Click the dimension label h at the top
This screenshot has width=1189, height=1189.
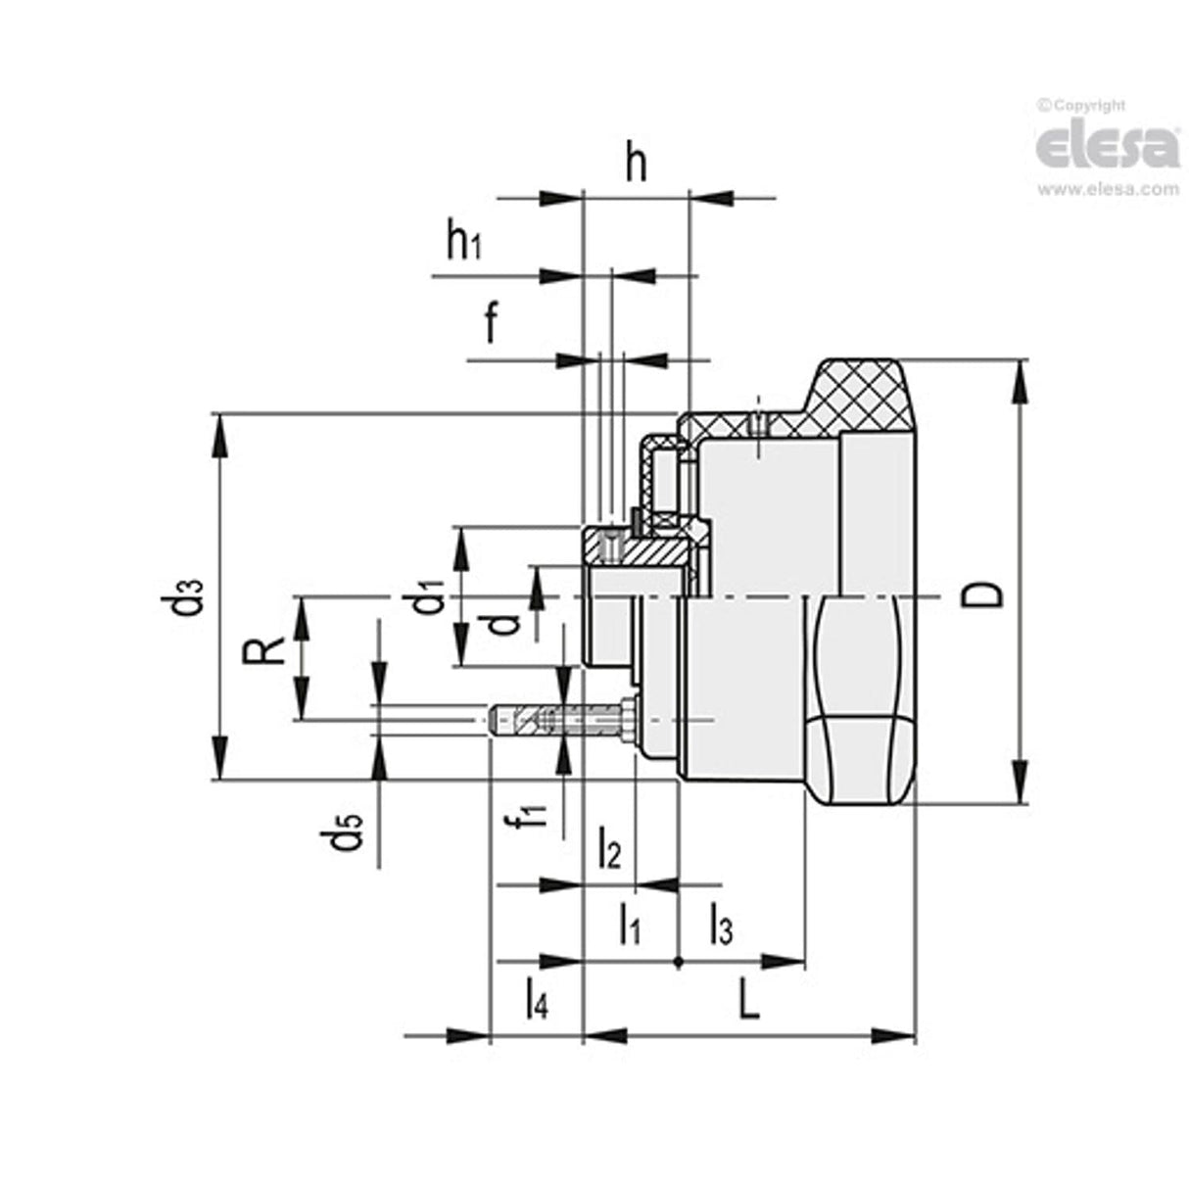[x=637, y=166]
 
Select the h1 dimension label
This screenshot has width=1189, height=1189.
[x=463, y=241]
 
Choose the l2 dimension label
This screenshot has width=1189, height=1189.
[x=608, y=848]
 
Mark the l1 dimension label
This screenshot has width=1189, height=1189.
[x=629, y=924]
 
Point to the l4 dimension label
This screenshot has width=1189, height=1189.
[x=536, y=999]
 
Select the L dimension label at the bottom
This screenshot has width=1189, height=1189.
[x=747, y=999]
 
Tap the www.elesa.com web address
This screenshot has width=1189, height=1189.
[x=1108, y=189]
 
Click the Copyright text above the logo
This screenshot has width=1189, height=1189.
[x=1083, y=105]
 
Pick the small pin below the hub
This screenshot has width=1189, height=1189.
[x=563, y=721]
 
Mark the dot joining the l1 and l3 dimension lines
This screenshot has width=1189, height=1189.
[x=678, y=962]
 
